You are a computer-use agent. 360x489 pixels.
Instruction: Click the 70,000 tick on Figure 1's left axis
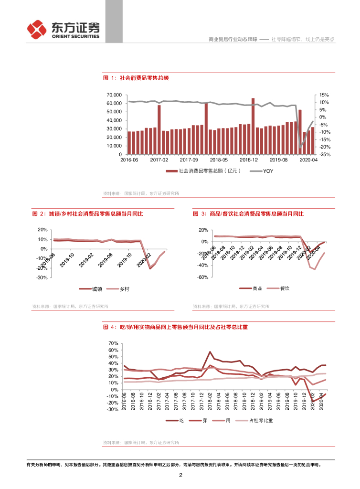coord(114,95)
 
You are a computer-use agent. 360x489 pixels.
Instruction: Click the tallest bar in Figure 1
coord(253,126)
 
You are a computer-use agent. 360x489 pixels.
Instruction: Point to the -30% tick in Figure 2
coord(42,277)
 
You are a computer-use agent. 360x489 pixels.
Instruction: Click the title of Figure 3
coord(248,213)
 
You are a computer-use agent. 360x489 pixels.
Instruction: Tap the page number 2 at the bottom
coord(180,475)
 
